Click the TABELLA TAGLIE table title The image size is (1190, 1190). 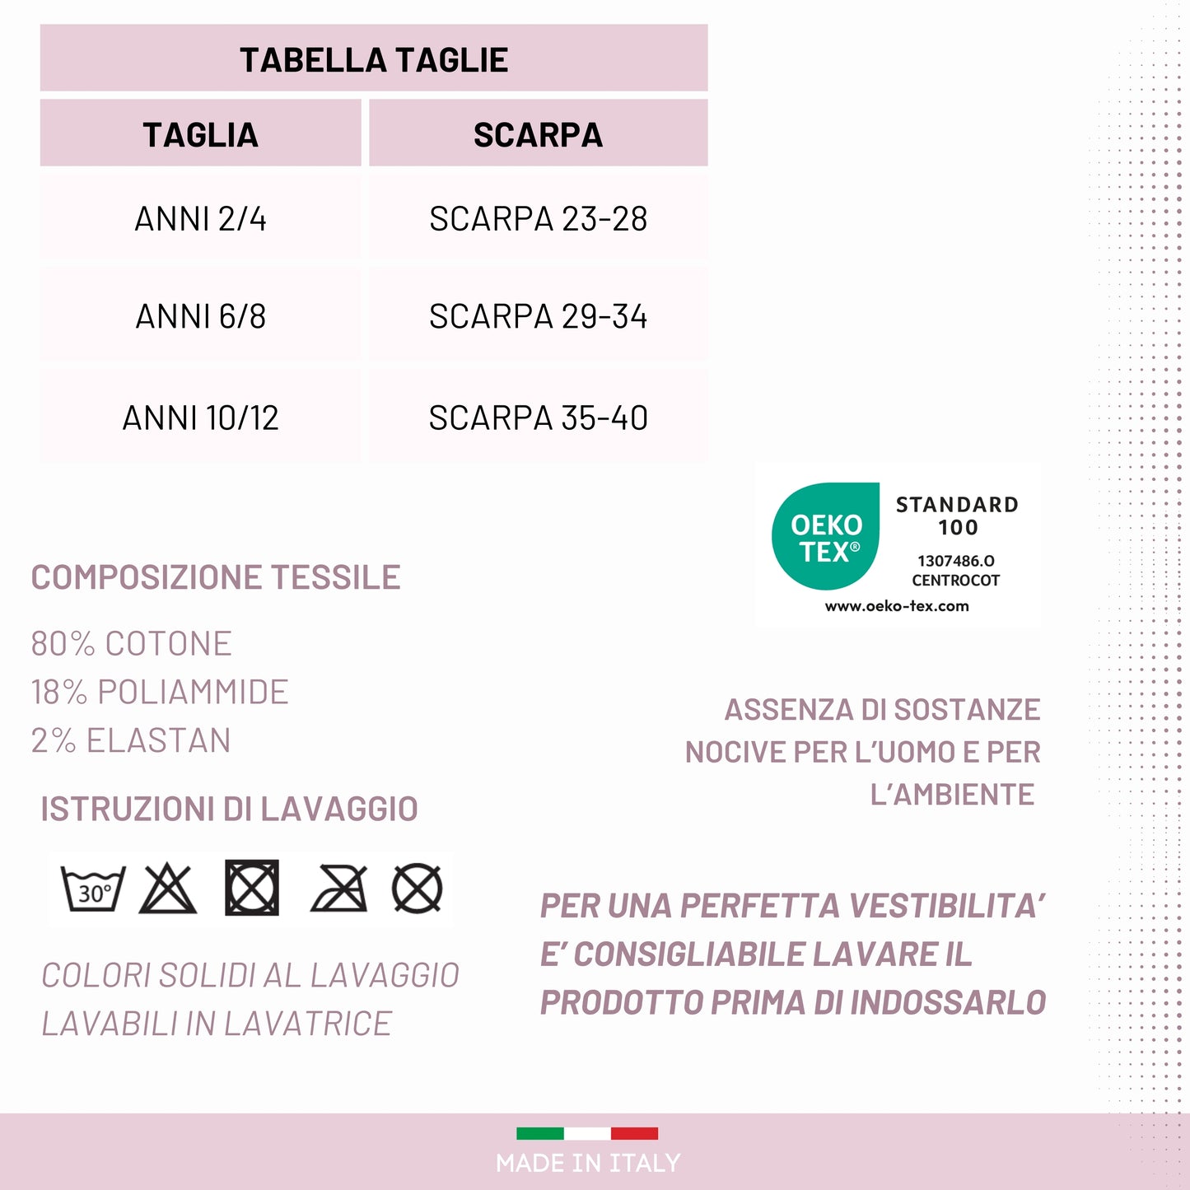click(x=374, y=60)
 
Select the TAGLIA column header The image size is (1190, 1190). click(x=200, y=135)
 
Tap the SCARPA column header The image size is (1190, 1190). click(x=538, y=135)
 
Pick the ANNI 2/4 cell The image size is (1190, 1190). click(x=200, y=219)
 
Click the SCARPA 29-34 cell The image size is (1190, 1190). click(x=538, y=316)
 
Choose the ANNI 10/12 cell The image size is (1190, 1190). click(x=200, y=418)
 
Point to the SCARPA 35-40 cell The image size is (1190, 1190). click(x=538, y=418)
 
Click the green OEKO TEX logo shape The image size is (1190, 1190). click(x=825, y=537)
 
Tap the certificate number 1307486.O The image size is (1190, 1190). click(x=956, y=561)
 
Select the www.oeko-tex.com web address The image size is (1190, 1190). click(x=897, y=606)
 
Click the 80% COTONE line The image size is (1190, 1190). click(x=132, y=644)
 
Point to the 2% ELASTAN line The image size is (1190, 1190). click(x=131, y=740)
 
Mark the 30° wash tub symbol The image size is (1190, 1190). click(x=93, y=889)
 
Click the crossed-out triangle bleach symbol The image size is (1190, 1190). click(x=168, y=889)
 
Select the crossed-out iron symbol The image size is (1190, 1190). click(x=338, y=889)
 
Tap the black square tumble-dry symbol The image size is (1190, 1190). click(x=252, y=889)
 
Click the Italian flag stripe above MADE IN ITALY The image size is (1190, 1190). click(x=587, y=1134)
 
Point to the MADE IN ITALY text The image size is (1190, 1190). click(x=588, y=1163)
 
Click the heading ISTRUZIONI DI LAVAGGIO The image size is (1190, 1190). click(x=229, y=809)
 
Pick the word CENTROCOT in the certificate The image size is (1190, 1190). click(x=955, y=581)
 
